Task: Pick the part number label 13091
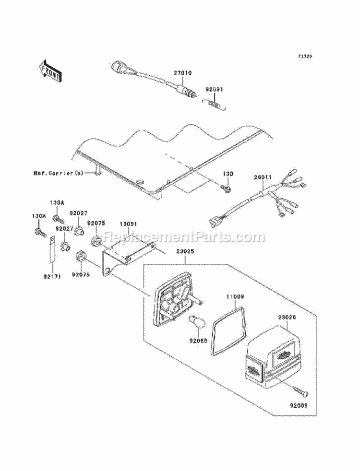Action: coord(129,224)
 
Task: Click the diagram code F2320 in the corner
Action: coord(305,56)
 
